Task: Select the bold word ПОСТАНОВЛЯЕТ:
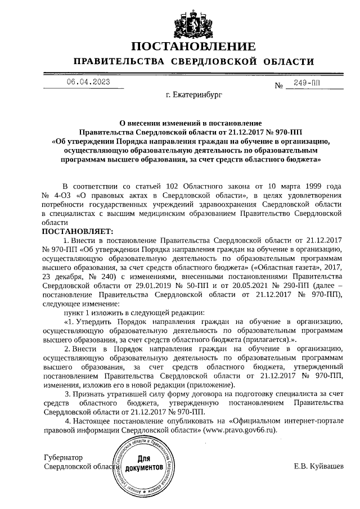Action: click(x=78, y=231)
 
